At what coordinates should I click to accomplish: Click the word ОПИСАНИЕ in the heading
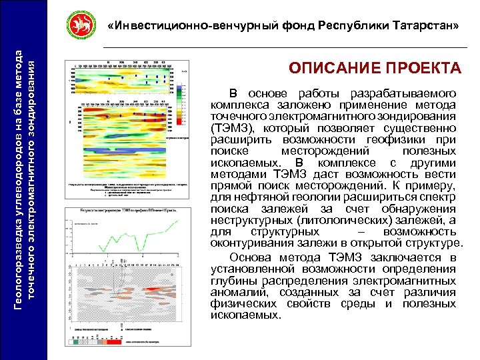332,69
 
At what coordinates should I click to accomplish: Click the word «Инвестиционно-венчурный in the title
175,25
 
